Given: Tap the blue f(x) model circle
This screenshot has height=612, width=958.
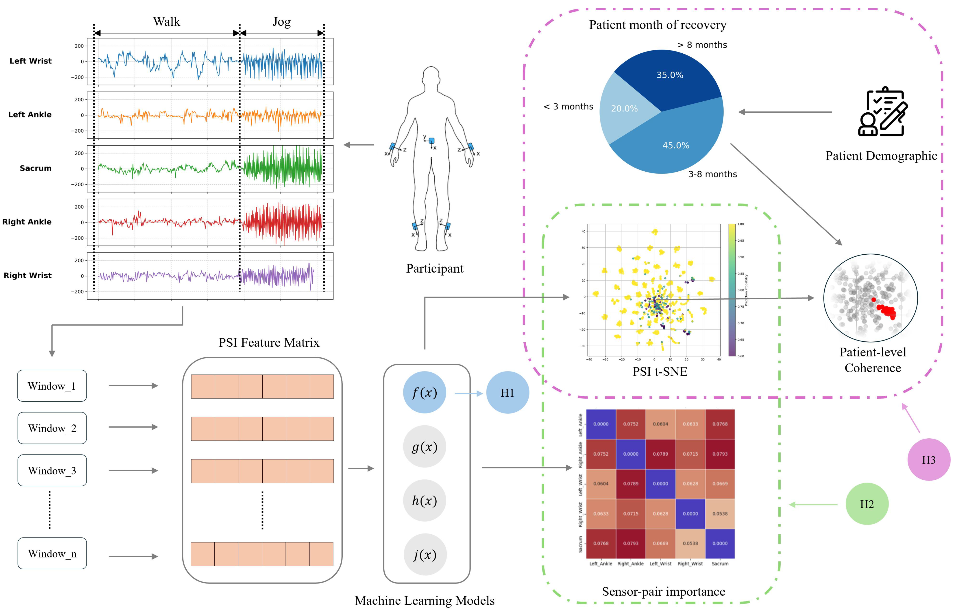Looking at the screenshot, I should tap(425, 393).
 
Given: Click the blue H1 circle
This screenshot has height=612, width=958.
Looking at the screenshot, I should tap(507, 393).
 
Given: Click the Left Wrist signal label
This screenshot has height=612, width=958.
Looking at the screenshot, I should tap(31, 61).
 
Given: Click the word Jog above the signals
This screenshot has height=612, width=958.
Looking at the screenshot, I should tap(282, 22).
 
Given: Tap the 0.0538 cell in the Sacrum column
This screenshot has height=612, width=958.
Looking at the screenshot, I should tap(720, 514).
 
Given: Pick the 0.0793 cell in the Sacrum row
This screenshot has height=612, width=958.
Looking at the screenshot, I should tap(631, 544).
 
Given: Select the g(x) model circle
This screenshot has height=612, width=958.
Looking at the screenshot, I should tap(425, 447).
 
